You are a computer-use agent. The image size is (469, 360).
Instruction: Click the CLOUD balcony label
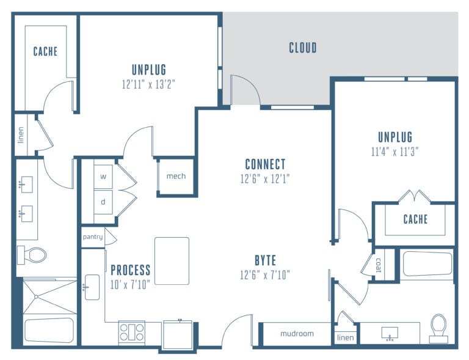tap(303, 48)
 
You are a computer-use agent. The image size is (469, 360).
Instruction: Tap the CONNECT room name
tap(265, 164)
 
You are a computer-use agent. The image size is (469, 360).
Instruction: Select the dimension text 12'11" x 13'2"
tap(148, 84)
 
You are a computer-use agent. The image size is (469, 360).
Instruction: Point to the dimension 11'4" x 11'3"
tap(395, 152)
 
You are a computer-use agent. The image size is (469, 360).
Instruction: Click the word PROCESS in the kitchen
tap(131, 270)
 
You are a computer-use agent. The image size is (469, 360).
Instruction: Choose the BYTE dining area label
tap(265, 260)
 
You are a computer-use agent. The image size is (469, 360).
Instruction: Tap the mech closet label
tap(176, 176)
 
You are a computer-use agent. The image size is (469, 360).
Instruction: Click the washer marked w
tap(103, 177)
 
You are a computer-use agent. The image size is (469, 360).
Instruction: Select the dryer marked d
tap(103, 202)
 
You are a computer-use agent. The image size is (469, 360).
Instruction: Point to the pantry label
tap(93, 237)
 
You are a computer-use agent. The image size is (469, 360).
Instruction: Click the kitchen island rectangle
tap(172, 261)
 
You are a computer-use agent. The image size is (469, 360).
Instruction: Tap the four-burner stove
tap(132, 332)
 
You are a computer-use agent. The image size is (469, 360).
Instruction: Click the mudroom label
tap(297, 334)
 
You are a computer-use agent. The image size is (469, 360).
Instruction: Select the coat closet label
tap(379, 265)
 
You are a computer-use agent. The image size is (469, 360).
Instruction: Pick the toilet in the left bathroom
tap(31, 255)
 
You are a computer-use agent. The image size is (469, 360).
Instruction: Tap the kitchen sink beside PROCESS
tap(92, 287)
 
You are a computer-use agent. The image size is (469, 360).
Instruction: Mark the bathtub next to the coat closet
tap(427, 263)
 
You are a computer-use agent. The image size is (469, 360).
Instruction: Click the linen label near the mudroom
tap(346, 337)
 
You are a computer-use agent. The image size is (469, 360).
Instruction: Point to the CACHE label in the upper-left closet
tap(45, 51)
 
